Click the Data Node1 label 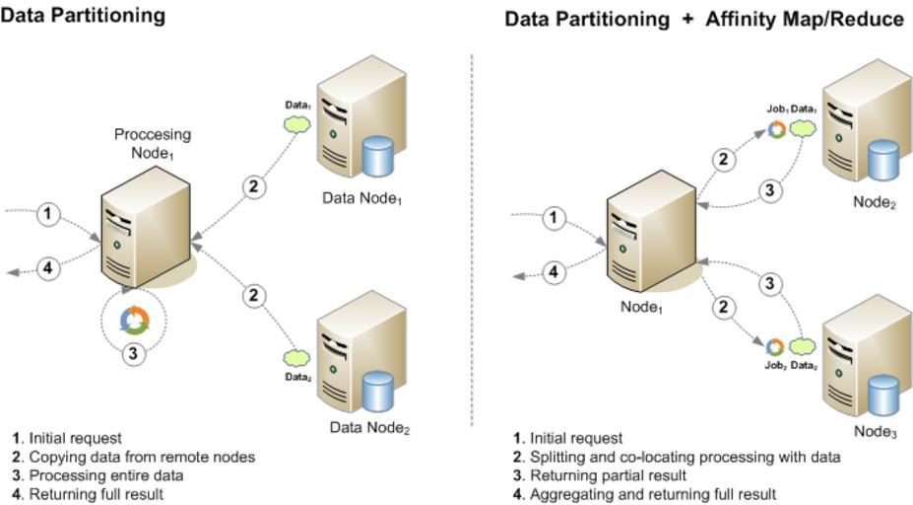pyautogui.click(x=362, y=198)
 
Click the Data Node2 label pyautogui.click(x=369, y=428)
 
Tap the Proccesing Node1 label pyautogui.click(x=153, y=144)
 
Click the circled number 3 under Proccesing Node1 pyautogui.click(x=135, y=352)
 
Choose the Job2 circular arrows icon pyautogui.click(x=775, y=346)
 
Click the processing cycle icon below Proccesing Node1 pyautogui.click(x=134, y=319)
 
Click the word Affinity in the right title pyautogui.click(x=741, y=19)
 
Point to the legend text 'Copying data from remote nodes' pyautogui.click(x=142, y=457)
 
